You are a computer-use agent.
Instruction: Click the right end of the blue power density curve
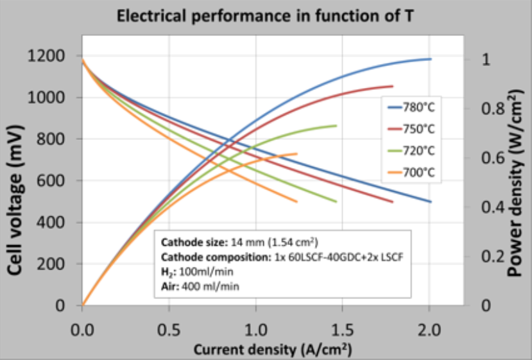[430, 59]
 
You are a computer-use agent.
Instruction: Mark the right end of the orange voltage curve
[296, 201]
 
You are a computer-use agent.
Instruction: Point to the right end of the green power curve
[336, 126]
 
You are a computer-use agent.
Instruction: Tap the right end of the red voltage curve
[392, 201]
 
